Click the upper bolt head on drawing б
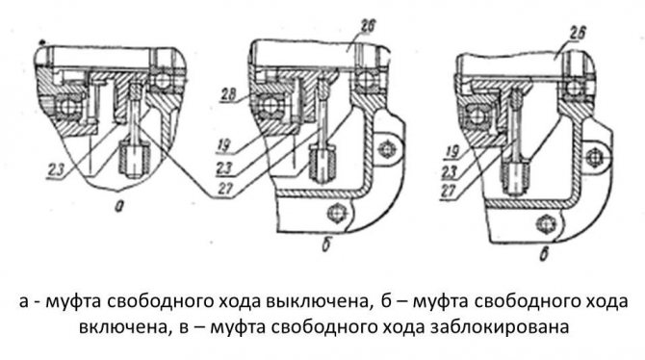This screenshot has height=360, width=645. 388,147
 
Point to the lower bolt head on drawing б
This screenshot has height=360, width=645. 337,212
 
